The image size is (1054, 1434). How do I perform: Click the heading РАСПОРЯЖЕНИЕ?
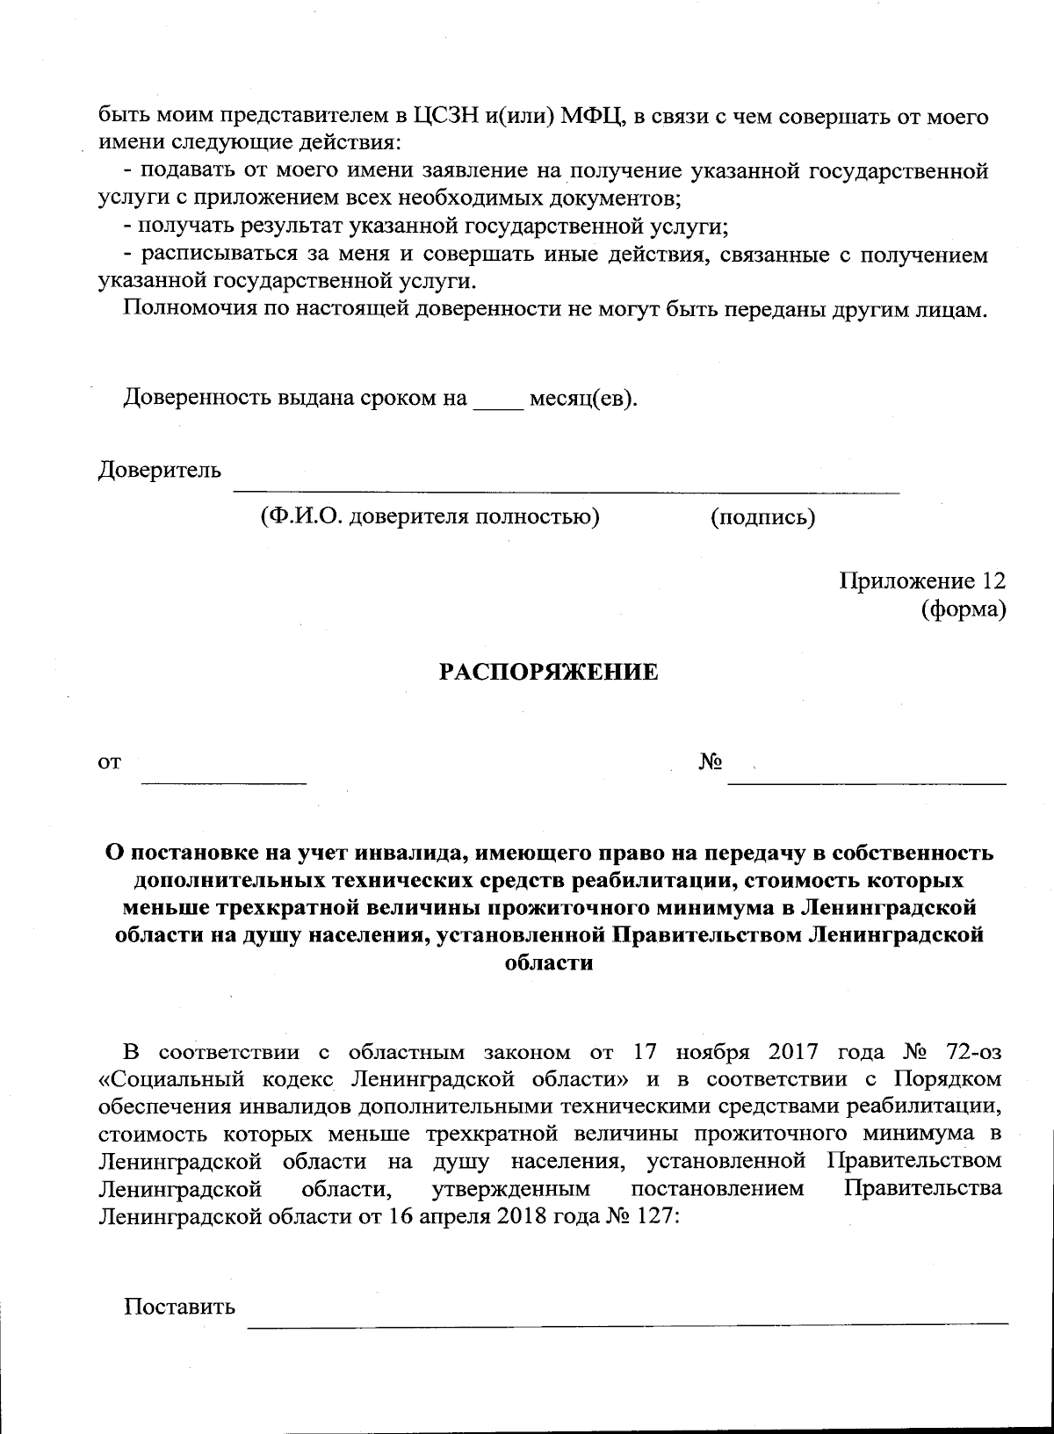548,673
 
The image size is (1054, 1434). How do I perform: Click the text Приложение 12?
922,581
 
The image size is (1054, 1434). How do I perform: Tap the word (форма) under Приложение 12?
963,609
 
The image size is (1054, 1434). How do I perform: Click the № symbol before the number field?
711,762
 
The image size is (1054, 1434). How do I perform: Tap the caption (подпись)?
762,517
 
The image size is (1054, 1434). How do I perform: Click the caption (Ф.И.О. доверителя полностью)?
430,517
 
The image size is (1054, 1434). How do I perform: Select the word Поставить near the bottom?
180,1306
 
